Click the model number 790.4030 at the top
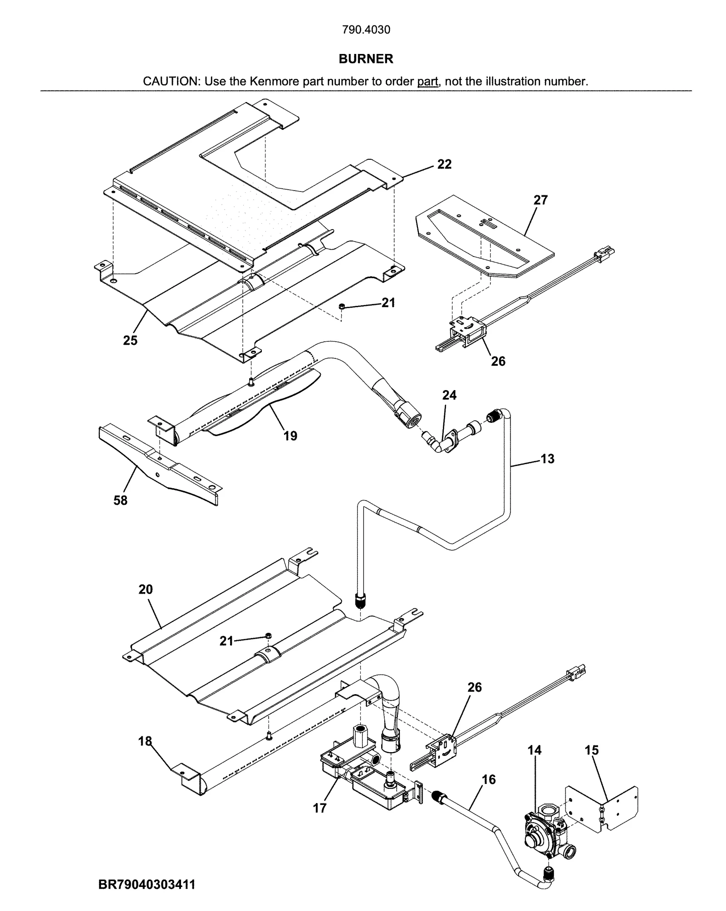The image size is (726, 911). pyautogui.click(x=366, y=30)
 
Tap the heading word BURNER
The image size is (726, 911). pyautogui.click(x=366, y=59)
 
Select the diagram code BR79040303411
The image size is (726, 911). pyautogui.click(x=147, y=884)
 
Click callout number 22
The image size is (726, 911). pyautogui.click(x=444, y=164)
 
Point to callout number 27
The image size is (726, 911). pyautogui.click(x=540, y=200)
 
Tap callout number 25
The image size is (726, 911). pyautogui.click(x=130, y=340)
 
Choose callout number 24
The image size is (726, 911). pyautogui.click(x=449, y=395)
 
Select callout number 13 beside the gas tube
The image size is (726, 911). pyautogui.click(x=547, y=459)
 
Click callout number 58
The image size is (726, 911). pyautogui.click(x=120, y=500)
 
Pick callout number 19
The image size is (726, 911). pyautogui.click(x=290, y=436)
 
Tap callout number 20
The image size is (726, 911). pyautogui.click(x=146, y=589)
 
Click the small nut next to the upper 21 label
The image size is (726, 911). pyautogui.click(x=341, y=307)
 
